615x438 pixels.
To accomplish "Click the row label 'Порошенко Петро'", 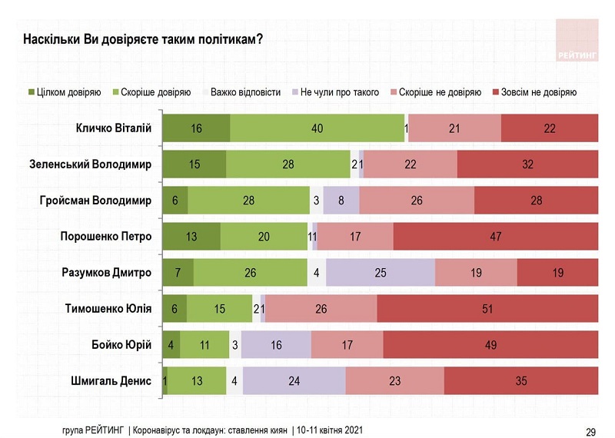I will [106, 237].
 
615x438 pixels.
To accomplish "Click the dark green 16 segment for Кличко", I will [196, 128].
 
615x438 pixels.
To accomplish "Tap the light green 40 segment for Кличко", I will [317, 128].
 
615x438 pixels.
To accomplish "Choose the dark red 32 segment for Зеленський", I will [527, 164].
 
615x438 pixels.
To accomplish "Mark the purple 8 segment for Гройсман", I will [341, 201].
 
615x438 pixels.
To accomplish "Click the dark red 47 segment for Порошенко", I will [496, 237].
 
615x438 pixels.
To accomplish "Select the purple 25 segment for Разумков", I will [381, 273].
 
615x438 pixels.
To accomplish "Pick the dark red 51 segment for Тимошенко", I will [487, 309].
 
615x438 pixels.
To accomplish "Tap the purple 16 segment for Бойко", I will [276, 345].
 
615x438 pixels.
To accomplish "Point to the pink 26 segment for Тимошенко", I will [321, 309].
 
